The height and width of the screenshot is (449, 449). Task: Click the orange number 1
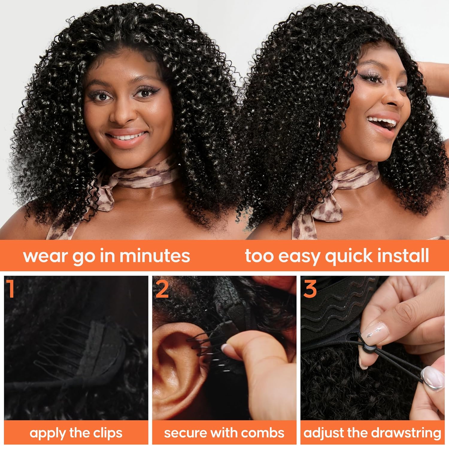pyautogui.click(x=11, y=289)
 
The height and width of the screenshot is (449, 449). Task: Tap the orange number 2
pyautogui.click(x=162, y=289)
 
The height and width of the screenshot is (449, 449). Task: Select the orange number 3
pyautogui.click(x=310, y=289)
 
